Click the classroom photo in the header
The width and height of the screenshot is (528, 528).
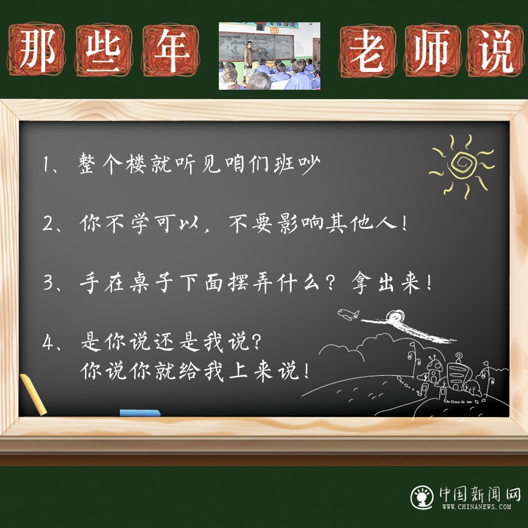click(269, 56)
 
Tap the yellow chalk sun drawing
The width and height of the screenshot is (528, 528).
click(461, 165)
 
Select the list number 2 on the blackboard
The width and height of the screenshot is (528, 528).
click(48, 224)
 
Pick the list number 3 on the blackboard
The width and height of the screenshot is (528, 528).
click(48, 283)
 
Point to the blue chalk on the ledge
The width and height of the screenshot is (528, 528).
click(140, 413)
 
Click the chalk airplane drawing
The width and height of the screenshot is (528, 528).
click(348, 313)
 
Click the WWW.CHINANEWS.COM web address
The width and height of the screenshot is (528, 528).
click(476, 507)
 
